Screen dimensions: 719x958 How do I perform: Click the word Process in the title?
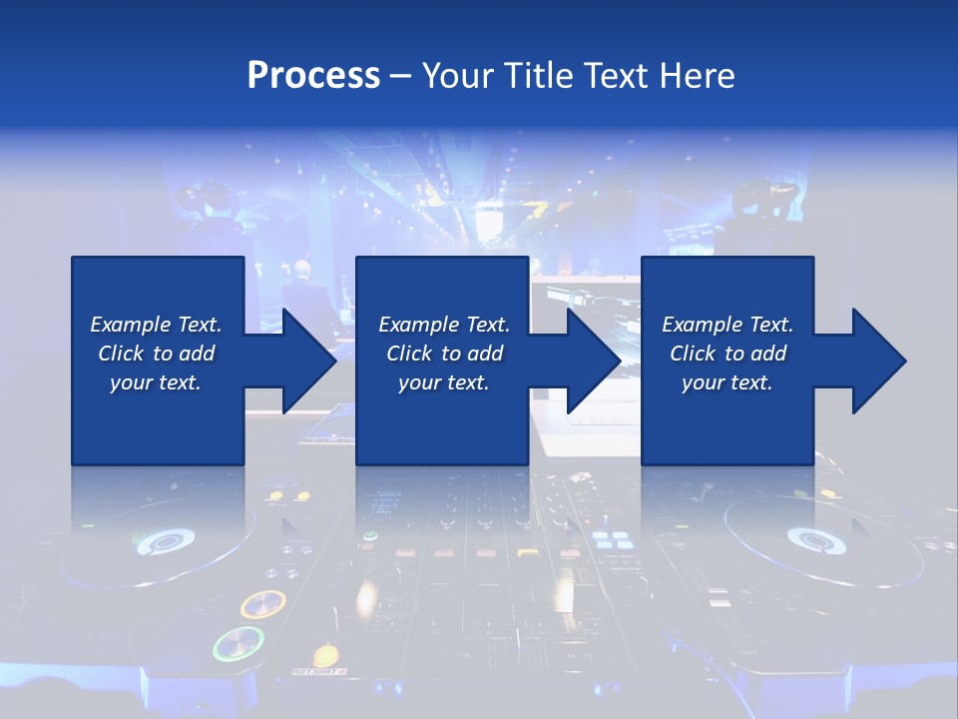click(313, 76)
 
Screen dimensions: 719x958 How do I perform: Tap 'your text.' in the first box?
click(156, 382)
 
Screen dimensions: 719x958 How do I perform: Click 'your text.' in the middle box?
click(443, 382)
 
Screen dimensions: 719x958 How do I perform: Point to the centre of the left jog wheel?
click(165, 541)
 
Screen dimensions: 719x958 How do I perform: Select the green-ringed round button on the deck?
click(239, 644)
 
